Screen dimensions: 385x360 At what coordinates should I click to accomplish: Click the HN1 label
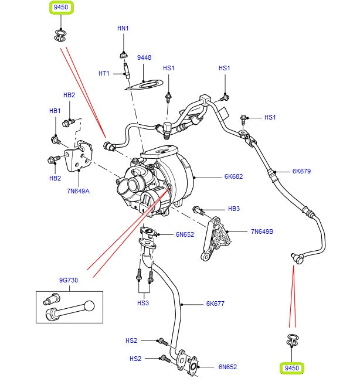(x=123, y=28)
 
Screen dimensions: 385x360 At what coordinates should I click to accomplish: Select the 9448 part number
(x=144, y=57)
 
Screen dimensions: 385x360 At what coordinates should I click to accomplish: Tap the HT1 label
(x=104, y=73)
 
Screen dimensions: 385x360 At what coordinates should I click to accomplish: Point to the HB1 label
(x=55, y=110)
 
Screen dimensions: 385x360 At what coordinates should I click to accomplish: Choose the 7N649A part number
(x=77, y=190)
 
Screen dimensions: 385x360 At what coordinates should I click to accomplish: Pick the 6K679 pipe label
(x=301, y=172)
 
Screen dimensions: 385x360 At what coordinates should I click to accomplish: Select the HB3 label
(x=234, y=209)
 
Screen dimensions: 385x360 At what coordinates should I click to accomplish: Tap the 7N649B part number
(x=262, y=231)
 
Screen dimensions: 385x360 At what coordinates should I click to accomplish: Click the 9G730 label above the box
(x=69, y=280)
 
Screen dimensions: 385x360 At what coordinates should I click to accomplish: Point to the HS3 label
(x=143, y=302)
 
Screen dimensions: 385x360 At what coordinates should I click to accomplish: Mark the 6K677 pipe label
(x=215, y=304)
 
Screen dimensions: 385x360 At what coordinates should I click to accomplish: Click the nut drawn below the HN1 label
(x=123, y=55)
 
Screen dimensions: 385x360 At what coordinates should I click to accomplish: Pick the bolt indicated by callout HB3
(x=198, y=209)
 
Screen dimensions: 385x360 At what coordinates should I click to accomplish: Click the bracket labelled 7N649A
(x=79, y=156)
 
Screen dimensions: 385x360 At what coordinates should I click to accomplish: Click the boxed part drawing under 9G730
(x=69, y=308)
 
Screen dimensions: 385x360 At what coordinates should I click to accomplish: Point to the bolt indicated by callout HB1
(x=56, y=140)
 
